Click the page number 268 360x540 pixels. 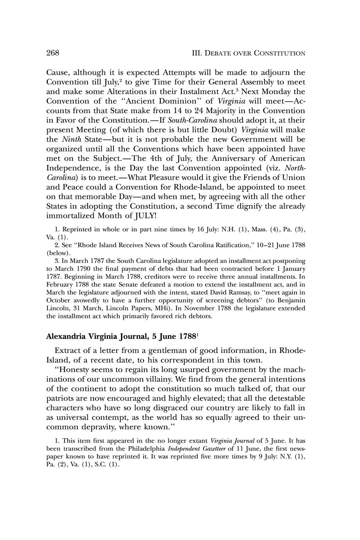[x=53, y=53]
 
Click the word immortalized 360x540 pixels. [x=70, y=216]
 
